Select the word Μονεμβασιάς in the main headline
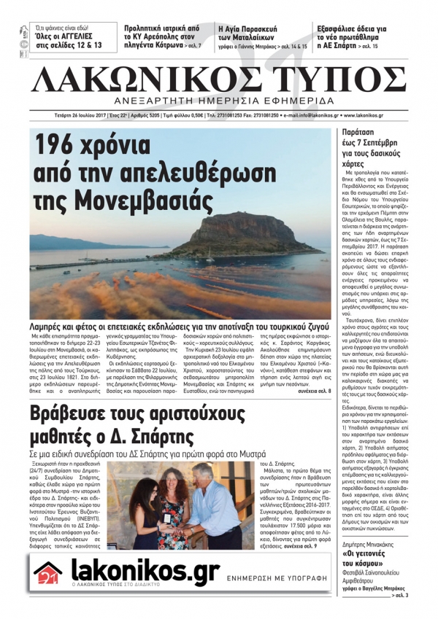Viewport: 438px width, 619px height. tap(134, 198)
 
